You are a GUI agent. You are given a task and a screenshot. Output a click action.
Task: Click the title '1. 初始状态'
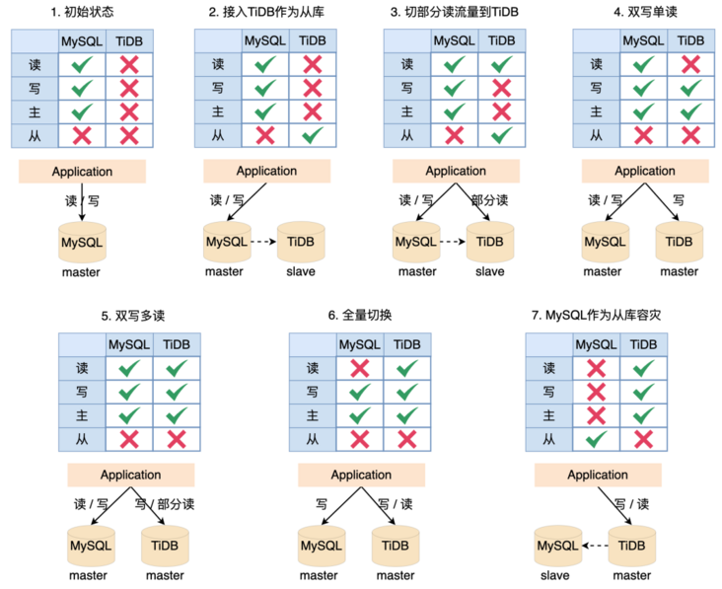tap(82, 12)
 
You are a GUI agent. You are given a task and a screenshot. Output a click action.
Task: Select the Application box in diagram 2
tap(267, 171)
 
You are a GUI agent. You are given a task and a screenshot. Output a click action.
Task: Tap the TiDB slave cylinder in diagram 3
tap(490, 242)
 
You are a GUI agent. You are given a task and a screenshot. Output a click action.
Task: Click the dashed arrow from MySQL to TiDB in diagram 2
tap(263, 242)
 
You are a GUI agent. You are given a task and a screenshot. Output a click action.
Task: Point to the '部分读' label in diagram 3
tap(490, 200)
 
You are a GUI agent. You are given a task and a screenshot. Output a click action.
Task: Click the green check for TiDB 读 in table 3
tap(502, 64)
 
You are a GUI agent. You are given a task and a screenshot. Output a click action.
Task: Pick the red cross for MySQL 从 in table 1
tap(82, 135)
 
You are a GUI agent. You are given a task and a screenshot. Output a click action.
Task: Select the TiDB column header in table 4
tap(690, 41)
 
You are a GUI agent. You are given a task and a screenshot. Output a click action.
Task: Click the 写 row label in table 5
tap(82, 392)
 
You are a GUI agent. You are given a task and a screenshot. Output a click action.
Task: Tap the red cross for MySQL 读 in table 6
tap(360, 368)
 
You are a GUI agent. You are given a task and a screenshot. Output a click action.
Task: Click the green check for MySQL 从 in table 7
tap(597, 439)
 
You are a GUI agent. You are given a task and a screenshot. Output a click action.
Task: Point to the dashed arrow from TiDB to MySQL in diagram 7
tap(596, 546)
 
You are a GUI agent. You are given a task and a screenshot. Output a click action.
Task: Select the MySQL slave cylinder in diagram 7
tap(558, 546)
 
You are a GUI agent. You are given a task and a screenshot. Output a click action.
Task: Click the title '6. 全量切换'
tap(360, 315)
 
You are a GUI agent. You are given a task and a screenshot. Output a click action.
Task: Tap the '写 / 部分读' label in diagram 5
tap(165, 504)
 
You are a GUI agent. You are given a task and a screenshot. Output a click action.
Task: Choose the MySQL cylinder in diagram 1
tap(83, 243)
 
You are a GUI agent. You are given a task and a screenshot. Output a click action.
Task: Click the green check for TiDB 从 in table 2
tap(313, 135)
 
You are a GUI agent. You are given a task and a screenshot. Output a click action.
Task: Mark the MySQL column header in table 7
tap(597, 345)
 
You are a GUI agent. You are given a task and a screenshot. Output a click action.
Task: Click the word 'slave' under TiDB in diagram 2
tap(301, 271)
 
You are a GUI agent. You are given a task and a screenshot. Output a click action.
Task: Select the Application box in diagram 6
tap(361, 475)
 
